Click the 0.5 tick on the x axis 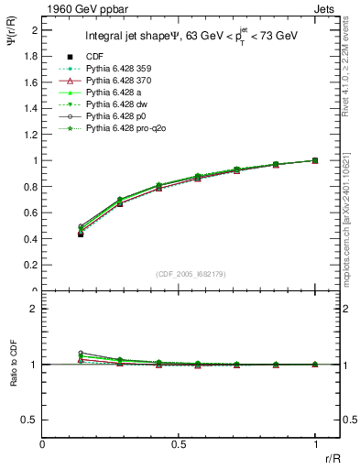tap(179, 443)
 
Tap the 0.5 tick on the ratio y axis tap(33, 420)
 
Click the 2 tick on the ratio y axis tap(37, 309)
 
